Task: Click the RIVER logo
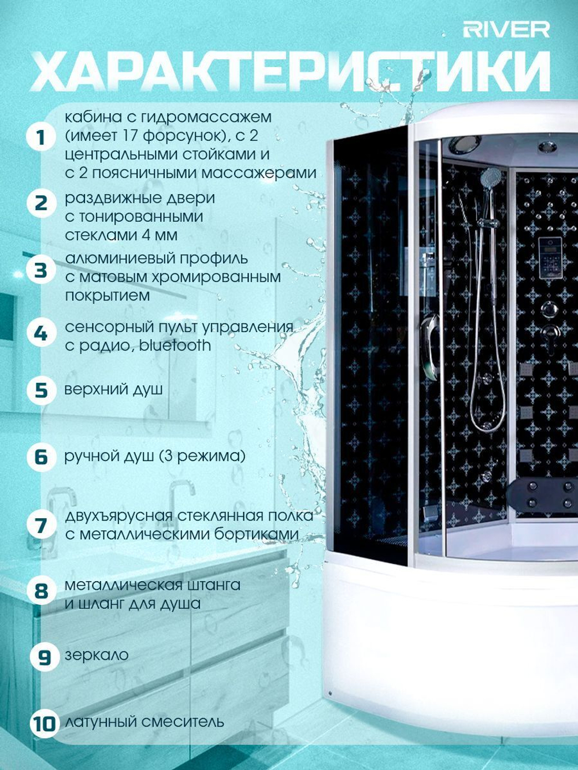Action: (x=506, y=30)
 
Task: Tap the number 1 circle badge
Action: (x=42, y=137)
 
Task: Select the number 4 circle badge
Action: (x=42, y=333)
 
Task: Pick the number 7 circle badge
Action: (x=42, y=525)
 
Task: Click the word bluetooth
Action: (x=175, y=345)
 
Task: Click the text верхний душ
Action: (x=113, y=390)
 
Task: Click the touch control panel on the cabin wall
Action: (x=550, y=257)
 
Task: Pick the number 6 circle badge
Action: (x=42, y=457)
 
